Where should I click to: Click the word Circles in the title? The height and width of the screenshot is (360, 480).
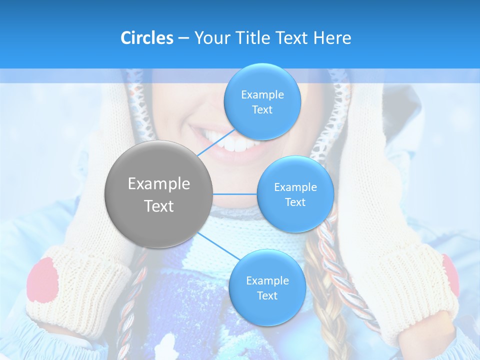pyautogui.click(x=146, y=38)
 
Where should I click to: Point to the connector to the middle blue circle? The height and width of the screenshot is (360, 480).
pyautogui.click(x=235, y=194)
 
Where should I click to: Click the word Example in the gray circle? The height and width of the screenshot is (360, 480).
pyautogui.click(x=159, y=184)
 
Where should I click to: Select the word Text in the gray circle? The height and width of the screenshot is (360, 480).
pyautogui.click(x=159, y=206)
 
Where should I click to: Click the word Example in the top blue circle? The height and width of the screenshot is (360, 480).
pyautogui.click(x=262, y=95)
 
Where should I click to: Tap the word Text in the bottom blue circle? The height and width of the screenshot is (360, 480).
pyautogui.click(x=267, y=295)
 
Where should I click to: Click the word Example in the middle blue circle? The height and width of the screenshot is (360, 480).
pyautogui.click(x=295, y=187)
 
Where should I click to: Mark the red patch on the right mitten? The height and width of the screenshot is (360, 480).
pyautogui.click(x=450, y=275)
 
